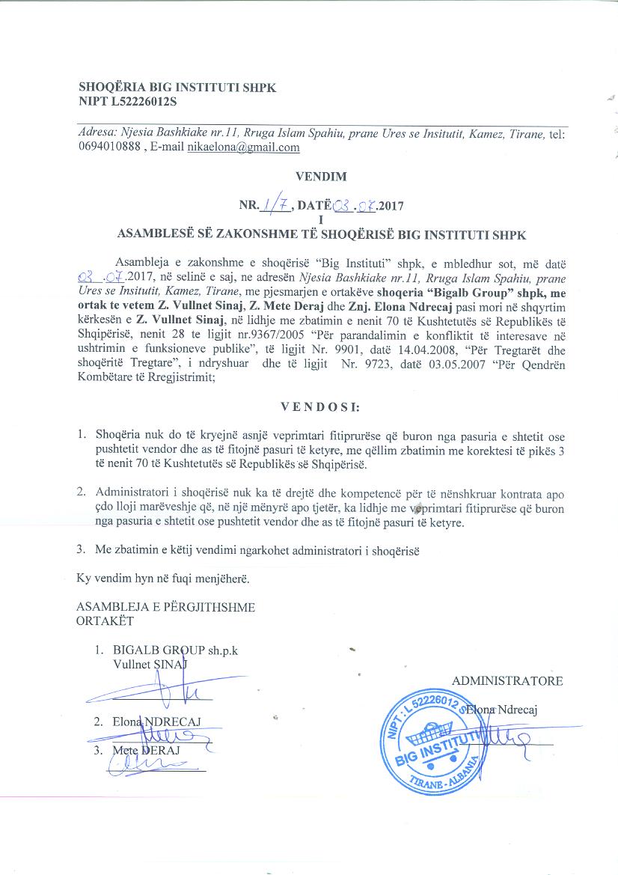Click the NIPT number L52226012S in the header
click(147, 101)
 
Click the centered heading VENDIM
click(322, 177)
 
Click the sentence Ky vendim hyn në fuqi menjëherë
click(162, 579)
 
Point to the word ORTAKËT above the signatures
click(105, 621)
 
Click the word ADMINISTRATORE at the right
click(507, 680)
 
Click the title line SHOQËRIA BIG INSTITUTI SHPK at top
click(177, 87)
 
